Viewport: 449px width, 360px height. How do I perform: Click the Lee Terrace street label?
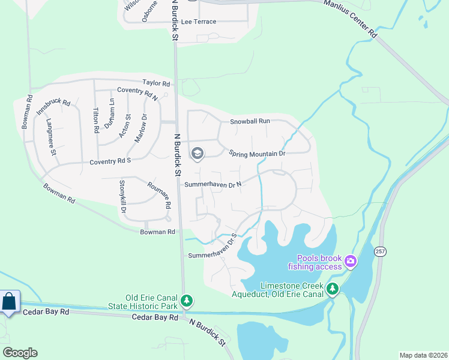pos(198,22)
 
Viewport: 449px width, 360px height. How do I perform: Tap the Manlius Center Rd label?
pos(351,18)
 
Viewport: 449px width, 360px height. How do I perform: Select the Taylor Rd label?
pos(156,83)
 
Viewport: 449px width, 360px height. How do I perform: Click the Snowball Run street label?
pos(250,121)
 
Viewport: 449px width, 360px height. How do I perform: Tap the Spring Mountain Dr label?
pos(256,154)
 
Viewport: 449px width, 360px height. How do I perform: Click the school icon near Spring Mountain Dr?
pos(197,154)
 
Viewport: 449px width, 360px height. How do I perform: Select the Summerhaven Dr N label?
pos(212,184)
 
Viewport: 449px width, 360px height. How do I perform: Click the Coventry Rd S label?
pos(110,161)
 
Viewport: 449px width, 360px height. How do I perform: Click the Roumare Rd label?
pos(160,196)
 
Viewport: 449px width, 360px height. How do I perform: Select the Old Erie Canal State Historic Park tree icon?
pos(187,300)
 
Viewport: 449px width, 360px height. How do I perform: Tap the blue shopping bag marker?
pos(9,302)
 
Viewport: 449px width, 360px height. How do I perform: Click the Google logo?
pos(20,353)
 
